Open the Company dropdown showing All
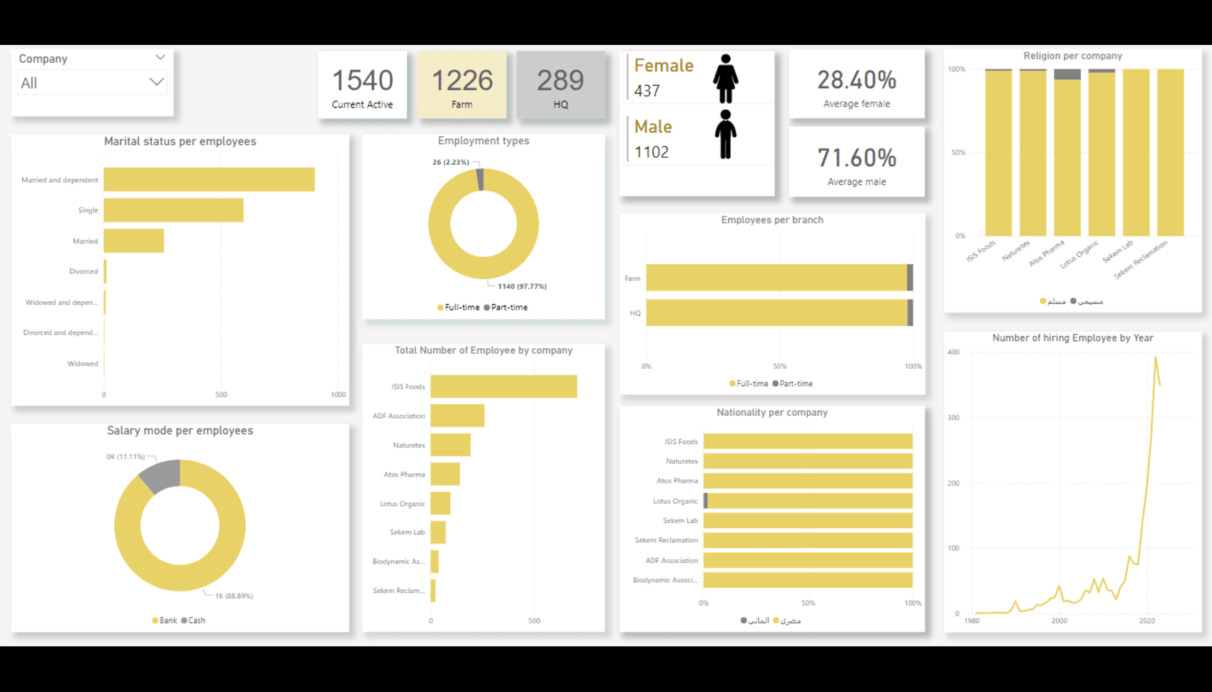click(x=91, y=83)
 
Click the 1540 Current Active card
click(x=362, y=85)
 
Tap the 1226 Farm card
click(x=462, y=85)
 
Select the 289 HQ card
click(x=560, y=85)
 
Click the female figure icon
click(x=726, y=78)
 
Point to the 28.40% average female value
click(x=856, y=80)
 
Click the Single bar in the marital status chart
click(x=173, y=210)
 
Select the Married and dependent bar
click(x=209, y=180)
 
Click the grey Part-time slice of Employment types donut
click(x=480, y=180)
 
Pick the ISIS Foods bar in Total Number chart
click(x=503, y=387)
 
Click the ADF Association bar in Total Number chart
click(x=457, y=416)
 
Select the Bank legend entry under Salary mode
click(x=165, y=621)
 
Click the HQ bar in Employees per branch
click(x=777, y=313)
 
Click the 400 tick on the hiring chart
click(x=953, y=352)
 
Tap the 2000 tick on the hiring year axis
click(x=1059, y=621)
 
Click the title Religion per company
click(x=1072, y=56)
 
